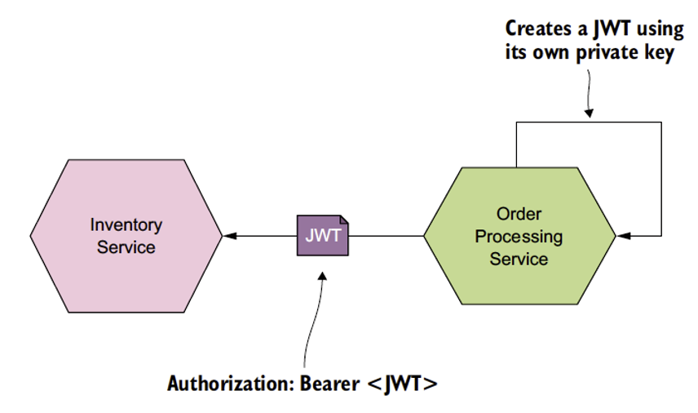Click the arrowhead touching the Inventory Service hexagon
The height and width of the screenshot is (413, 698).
tap(230, 236)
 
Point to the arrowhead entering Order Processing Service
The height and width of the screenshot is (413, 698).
tap(621, 236)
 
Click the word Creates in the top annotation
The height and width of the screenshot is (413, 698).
tap(538, 28)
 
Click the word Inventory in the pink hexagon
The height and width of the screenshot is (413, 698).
tap(126, 224)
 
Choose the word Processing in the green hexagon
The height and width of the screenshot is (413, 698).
tap(519, 237)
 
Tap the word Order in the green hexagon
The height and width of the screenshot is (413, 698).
tap(519, 215)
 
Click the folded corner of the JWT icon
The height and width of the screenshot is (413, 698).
tap(344, 219)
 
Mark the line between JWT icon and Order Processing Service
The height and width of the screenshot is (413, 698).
tap(387, 236)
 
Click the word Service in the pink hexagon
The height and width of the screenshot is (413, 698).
tap(126, 246)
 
